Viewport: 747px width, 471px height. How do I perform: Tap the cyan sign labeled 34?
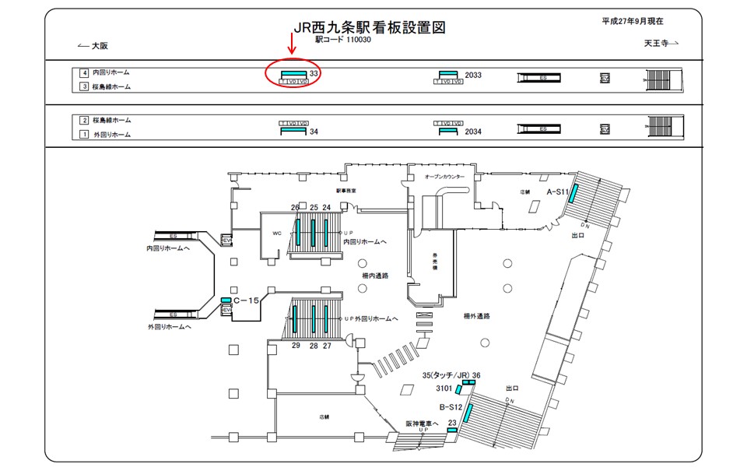[294, 132]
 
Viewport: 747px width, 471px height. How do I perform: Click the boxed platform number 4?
[83, 72]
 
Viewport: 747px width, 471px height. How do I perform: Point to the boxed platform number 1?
[83, 135]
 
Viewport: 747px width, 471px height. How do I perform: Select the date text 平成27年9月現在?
[637, 22]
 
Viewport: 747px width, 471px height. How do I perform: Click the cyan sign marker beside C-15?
[226, 300]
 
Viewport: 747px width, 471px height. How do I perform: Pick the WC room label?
[275, 233]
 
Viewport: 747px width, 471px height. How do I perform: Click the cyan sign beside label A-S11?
[573, 195]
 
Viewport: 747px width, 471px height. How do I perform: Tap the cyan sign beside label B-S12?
[467, 412]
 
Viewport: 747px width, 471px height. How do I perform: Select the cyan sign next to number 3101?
[460, 389]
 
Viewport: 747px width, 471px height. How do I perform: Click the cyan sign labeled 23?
[451, 429]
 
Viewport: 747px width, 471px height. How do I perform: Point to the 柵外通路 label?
[475, 316]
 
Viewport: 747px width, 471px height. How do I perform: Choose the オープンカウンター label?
[444, 177]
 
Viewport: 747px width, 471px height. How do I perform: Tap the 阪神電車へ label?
[423, 424]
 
